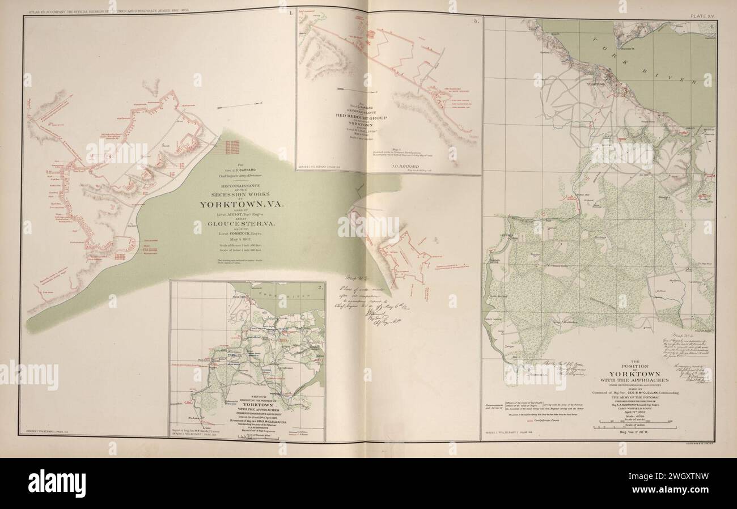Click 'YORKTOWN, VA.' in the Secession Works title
[226, 205]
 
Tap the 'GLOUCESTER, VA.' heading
[225, 226]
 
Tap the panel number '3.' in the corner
[477, 22]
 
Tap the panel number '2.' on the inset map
[320, 287]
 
